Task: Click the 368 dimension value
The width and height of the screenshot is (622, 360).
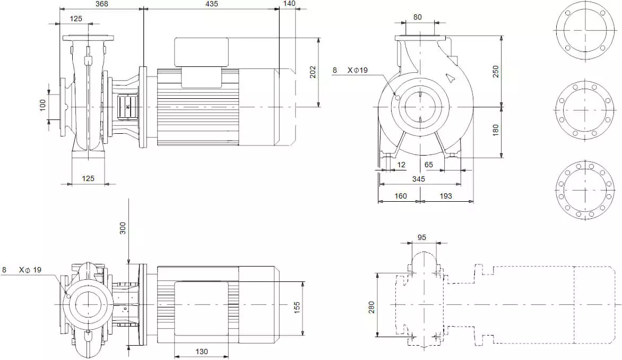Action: (101, 4)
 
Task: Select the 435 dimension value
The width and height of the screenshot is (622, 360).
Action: (212, 4)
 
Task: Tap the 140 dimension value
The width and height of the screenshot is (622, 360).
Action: (289, 4)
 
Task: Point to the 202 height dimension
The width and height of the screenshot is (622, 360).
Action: (313, 72)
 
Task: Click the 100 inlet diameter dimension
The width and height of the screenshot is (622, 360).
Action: (43, 105)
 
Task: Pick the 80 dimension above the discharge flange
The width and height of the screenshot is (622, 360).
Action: (417, 18)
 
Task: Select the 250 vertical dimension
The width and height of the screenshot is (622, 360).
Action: (496, 72)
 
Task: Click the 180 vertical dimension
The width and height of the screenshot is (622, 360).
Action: (496, 130)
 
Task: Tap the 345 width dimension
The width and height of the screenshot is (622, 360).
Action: (419, 179)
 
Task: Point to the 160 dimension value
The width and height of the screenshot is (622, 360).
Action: (401, 196)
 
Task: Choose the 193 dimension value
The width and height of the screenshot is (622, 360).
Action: (445, 196)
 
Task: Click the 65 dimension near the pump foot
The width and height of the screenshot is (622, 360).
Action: (428, 165)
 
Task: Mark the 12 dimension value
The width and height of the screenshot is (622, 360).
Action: (401, 165)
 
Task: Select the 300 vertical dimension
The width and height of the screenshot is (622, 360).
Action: (123, 228)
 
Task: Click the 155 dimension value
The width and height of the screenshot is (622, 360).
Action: (297, 308)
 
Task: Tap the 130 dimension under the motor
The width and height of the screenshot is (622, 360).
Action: (202, 352)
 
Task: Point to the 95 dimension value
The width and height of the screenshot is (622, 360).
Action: (422, 237)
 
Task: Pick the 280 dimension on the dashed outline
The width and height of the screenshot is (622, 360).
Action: (372, 307)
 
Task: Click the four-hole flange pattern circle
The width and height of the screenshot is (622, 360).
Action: (585, 30)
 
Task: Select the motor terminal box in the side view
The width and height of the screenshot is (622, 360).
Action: (202, 52)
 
